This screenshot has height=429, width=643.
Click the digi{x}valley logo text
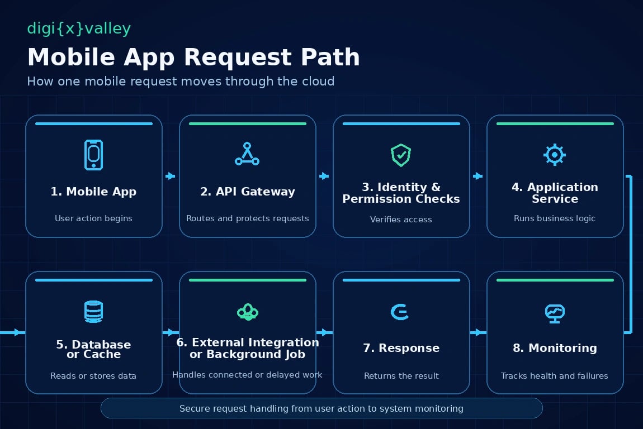79,28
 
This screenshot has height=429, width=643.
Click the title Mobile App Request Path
193,57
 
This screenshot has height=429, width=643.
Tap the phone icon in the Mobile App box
93,155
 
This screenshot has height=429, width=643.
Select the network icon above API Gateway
247,154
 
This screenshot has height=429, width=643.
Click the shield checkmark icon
401,155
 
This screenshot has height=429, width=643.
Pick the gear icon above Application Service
555,155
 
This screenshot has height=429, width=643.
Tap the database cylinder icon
93,311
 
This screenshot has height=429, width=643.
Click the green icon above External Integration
248,312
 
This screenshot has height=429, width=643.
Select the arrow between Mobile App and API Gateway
170,176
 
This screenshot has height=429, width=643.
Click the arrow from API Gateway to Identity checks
324,176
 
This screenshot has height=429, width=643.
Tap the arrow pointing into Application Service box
477,176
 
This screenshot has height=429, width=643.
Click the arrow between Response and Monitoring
478,332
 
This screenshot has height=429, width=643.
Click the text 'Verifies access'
401,220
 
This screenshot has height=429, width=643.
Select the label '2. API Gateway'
248,192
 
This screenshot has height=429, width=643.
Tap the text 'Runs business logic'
555,218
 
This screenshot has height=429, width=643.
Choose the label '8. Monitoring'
555,348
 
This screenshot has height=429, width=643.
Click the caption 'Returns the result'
401,376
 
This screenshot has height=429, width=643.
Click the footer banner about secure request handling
321,408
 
